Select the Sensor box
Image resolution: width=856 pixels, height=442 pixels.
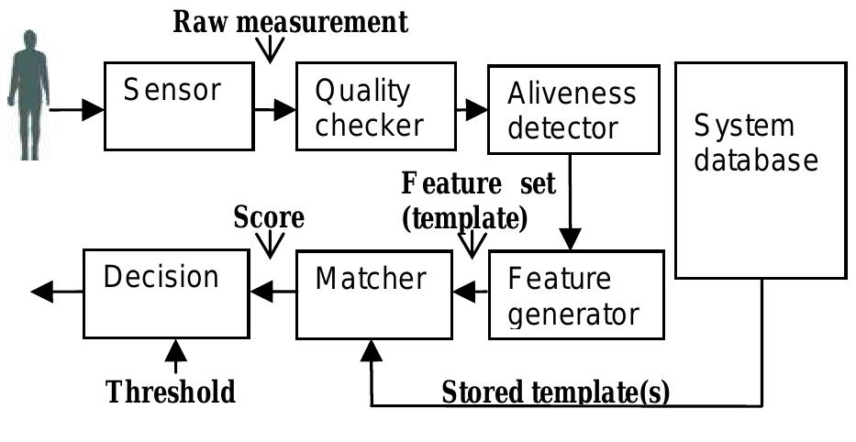pos(178,105)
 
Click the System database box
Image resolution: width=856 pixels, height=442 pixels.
pos(761,170)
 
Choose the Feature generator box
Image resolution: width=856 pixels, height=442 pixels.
pos(574,293)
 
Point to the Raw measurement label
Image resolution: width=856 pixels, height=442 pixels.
pos(291,23)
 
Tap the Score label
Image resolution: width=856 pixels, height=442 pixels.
pos(268,217)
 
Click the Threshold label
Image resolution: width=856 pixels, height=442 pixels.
pos(172,392)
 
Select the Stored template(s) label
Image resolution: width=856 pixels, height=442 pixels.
pos(556,392)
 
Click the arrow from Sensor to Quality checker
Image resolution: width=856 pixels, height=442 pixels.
pos(272,110)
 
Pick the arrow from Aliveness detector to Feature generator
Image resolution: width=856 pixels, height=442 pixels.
pos(571,201)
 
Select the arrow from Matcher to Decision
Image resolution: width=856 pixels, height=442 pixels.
pos(273,293)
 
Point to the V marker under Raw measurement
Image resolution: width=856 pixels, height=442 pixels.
pos(270,52)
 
